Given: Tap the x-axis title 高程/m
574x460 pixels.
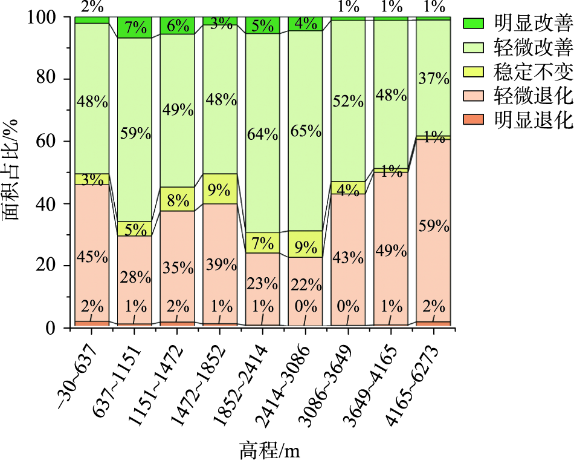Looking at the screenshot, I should pyautogui.click(x=269, y=450).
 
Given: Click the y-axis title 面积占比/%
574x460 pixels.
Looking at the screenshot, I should pyautogui.click(x=13, y=173).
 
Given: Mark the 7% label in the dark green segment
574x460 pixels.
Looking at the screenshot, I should pyautogui.click(x=134, y=28).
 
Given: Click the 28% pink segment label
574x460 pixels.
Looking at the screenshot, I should pyautogui.click(x=135, y=278).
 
